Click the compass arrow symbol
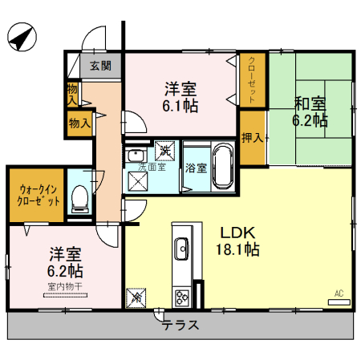point(22,37)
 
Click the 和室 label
point(309,104)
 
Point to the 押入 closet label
point(252,137)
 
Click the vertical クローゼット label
point(252,79)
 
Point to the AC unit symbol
point(339,298)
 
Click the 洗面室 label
point(152,167)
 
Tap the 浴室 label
point(197,168)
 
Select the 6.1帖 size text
point(182,104)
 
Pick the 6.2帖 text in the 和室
point(310,121)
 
